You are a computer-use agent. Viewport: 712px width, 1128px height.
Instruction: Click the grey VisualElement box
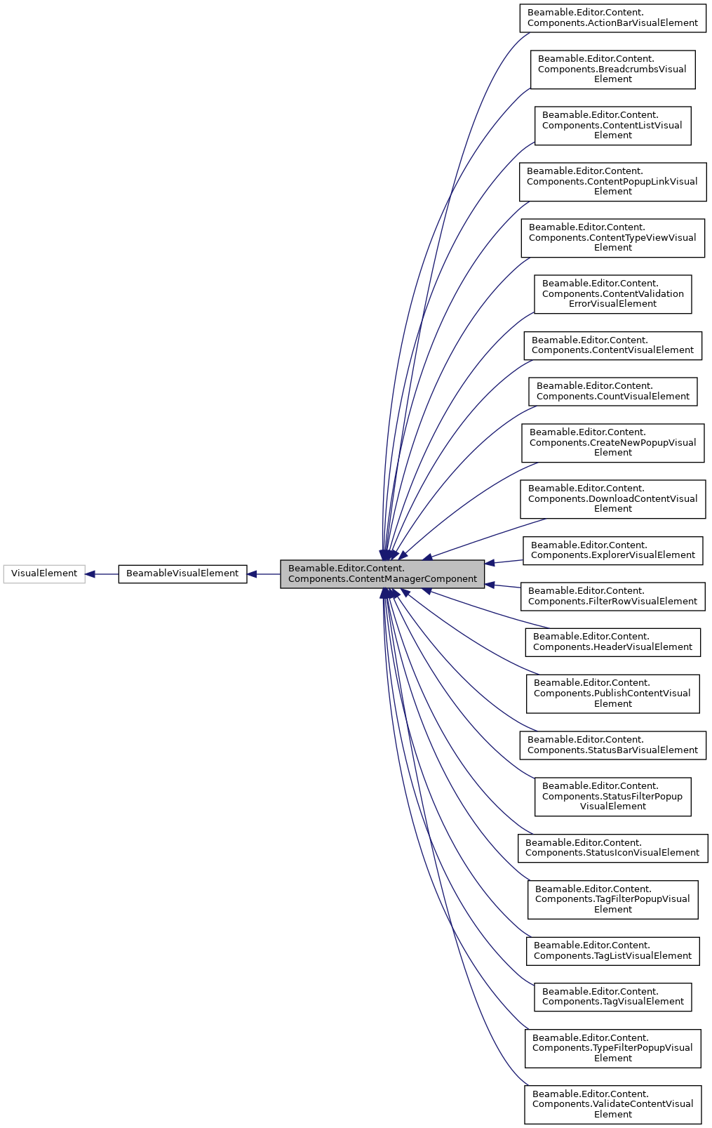tap(43, 573)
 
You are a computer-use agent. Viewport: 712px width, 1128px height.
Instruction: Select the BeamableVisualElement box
tap(182, 573)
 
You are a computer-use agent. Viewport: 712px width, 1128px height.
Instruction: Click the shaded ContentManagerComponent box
tap(382, 573)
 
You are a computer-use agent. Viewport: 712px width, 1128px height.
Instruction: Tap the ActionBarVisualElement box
tap(612, 18)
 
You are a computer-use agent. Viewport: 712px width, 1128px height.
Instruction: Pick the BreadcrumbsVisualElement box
tap(612, 69)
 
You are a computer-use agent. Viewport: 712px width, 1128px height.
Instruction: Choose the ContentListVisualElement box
tap(612, 126)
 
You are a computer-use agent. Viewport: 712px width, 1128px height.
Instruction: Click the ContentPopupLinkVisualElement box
tap(612, 182)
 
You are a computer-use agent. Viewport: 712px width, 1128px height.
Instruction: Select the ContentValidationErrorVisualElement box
tap(612, 294)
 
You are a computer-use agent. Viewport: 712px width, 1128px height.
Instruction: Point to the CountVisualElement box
tap(612, 392)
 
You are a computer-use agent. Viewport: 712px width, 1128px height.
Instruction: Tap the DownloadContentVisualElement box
tap(612, 499)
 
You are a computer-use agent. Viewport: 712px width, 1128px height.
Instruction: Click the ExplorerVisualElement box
tap(612, 550)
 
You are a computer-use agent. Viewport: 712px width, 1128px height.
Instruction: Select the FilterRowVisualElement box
tap(612, 596)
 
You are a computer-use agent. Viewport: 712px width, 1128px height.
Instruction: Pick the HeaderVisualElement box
tap(612, 642)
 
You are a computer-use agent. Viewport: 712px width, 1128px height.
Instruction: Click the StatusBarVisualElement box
tap(612, 745)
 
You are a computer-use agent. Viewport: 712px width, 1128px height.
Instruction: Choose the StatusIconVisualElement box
tap(612, 848)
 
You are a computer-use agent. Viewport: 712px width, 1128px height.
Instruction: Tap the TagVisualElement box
tap(612, 997)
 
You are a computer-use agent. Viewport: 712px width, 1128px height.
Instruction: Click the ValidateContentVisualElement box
tap(612, 1104)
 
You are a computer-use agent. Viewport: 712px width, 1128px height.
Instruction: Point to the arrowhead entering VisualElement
tap(90, 574)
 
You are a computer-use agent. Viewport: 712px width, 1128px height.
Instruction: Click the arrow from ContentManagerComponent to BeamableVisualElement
tap(264, 574)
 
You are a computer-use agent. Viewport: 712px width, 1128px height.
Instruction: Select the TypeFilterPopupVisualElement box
tap(612, 1048)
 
